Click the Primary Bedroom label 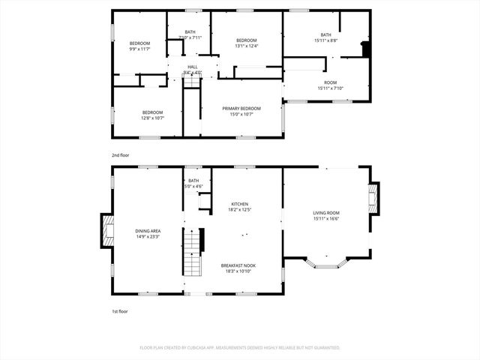coord(242,109)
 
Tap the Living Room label coord(326,213)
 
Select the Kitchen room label coord(239,203)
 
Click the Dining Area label coord(148,231)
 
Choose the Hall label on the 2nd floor coord(193,67)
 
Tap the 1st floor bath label coord(193,180)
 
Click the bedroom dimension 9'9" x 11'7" coord(140,49)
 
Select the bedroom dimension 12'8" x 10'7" coord(152,118)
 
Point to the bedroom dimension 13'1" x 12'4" coord(247,46)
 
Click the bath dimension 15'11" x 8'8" coord(325,40)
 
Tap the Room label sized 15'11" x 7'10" coord(330,88)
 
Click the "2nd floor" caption coord(121,154)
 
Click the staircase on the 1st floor coord(193,253)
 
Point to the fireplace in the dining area coord(106,231)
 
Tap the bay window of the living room coord(326,263)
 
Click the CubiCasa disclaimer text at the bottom coord(240,348)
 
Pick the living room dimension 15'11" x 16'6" coord(326,219)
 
